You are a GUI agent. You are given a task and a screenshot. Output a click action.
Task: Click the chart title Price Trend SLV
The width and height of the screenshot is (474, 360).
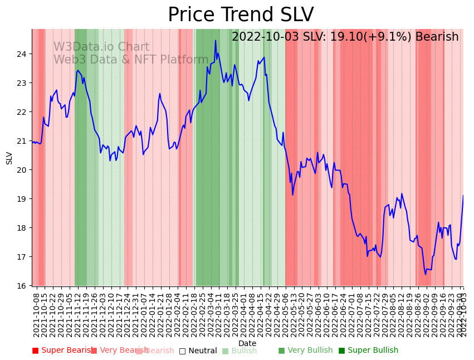pyautogui.click(x=241, y=15)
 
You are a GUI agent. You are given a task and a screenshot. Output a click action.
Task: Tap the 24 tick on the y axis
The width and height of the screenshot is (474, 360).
pyautogui.click(x=23, y=54)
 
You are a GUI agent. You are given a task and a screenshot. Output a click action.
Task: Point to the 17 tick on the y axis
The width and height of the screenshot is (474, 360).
pyautogui.click(x=23, y=257)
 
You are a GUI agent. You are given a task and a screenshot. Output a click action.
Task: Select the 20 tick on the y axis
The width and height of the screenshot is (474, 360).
pyautogui.click(x=23, y=170)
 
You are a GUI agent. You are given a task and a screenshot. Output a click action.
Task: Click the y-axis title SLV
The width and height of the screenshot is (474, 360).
pyautogui.click(x=9, y=158)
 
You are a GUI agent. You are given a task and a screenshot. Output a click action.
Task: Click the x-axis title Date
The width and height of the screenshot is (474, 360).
pyautogui.click(x=247, y=344)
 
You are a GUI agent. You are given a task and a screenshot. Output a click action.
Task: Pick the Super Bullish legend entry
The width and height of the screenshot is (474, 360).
pyautogui.click(x=368, y=351)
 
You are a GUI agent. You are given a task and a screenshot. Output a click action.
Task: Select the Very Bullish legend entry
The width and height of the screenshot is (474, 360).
pyautogui.click(x=305, y=351)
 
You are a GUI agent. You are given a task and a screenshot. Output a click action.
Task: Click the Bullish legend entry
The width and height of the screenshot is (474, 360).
pyautogui.click(x=240, y=351)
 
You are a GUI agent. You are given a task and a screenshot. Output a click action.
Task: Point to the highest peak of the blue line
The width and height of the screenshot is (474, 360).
pyautogui.click(x=216, y=40)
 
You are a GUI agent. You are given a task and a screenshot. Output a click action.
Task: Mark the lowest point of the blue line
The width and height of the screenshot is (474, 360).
pyautogui.click(x=425, y=274)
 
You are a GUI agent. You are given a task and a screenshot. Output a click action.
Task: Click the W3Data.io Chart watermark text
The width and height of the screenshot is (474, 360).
pyautogui.click(x=101, y=47)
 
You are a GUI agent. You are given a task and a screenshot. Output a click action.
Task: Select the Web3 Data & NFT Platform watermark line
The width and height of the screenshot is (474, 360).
pyautogui.click(x=131, y=60)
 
